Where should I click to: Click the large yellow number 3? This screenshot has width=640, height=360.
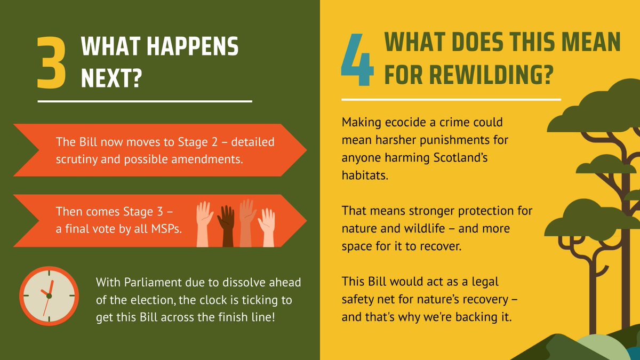(x=52, y=63)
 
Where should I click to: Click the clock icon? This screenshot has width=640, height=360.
(x=49, y=295)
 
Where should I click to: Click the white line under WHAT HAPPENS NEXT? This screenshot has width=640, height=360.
(x=145, y=100)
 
